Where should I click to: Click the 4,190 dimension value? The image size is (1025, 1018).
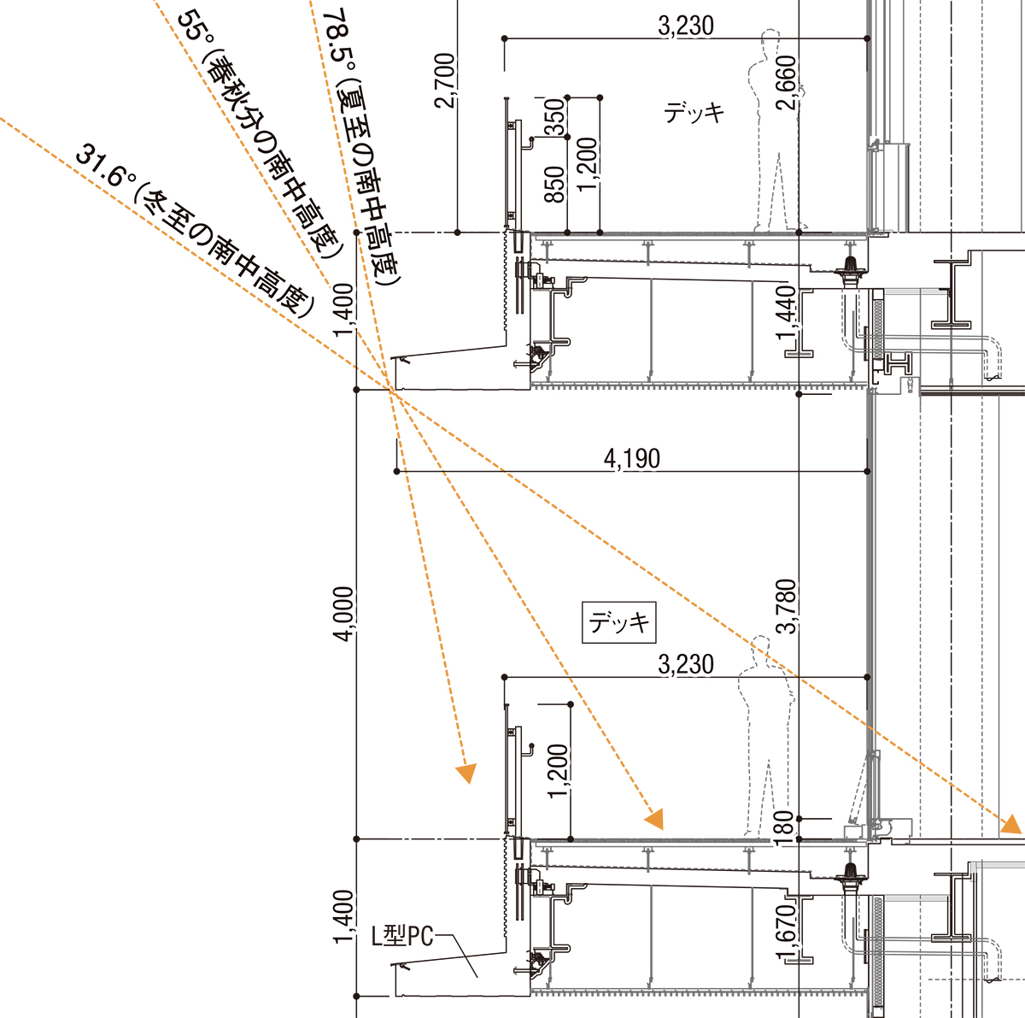[631, 458]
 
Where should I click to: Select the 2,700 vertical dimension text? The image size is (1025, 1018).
[445, 80]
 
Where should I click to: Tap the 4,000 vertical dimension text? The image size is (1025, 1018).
[343, 614]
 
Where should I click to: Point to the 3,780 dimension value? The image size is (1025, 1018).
[786, 606]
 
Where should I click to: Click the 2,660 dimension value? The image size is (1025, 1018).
[786, 83]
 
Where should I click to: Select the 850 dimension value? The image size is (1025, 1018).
[554, 185]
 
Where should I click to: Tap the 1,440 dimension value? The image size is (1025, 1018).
[786, 313]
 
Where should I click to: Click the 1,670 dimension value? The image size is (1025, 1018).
[786, 932]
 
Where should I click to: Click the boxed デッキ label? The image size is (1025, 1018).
[618, 622]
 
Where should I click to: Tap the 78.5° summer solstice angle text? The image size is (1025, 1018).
[361, 146]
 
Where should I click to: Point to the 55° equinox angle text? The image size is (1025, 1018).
[261, 138]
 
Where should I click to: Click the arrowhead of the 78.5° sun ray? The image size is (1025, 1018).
[467, 774]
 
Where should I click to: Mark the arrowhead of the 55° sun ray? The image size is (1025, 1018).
[655, 820]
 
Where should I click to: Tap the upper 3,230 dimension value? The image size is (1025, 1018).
[686, 26]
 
